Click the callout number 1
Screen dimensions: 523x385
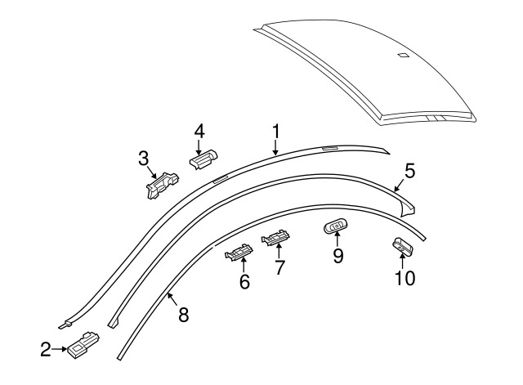point(276,132)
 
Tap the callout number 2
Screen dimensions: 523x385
point(46,349)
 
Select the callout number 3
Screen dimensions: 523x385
point(144,159)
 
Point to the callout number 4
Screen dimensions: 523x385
point(199,132)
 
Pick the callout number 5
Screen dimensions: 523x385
point(410,171)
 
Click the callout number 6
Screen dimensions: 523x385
point(244,282)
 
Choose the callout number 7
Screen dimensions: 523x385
point(279,267)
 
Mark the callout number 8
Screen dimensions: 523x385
point(184,315)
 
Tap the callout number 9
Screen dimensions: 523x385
point(338,256)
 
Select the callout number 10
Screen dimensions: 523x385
point(405,278)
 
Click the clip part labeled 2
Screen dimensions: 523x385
point(83,345)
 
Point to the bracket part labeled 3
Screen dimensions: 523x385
point(163,186)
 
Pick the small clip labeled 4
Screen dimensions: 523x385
point(203,159)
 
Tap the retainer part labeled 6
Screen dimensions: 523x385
point(239,253)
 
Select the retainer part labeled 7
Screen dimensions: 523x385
point(275,237)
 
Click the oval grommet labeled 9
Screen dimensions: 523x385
point(336,226)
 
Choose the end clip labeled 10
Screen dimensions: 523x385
point(403,247)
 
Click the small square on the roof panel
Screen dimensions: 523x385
point(403,55)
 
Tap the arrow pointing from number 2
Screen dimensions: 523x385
point(60,349)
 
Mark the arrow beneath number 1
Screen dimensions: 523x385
point(275,147)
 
